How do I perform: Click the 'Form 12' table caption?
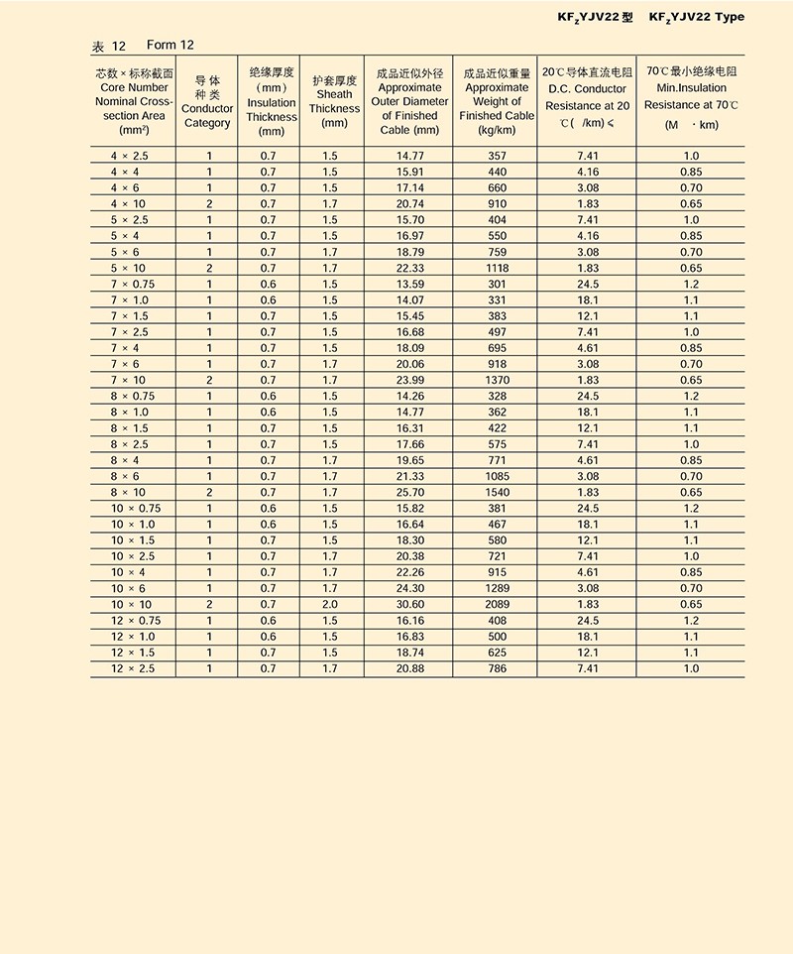[170, 46]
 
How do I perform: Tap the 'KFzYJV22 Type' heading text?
[696, 17]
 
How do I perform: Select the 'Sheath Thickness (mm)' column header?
[334, 102]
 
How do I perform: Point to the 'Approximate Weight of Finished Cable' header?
[497, 102]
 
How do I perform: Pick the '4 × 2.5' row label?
[130, 156]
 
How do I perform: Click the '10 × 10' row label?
[131, 604]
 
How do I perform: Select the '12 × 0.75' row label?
[131, 620]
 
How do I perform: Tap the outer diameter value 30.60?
[409, 604]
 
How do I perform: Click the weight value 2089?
[497, 604]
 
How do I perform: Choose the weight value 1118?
[497, 268]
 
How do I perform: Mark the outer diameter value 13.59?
[409, 284]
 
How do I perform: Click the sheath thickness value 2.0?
[329, 604]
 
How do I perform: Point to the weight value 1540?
[497, 492]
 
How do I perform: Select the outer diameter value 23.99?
[409, 380]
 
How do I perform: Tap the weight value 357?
[497, 156]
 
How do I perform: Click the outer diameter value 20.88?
[409, 668]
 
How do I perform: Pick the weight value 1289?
[497, 588]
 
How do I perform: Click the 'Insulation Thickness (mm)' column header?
[271, 102]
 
